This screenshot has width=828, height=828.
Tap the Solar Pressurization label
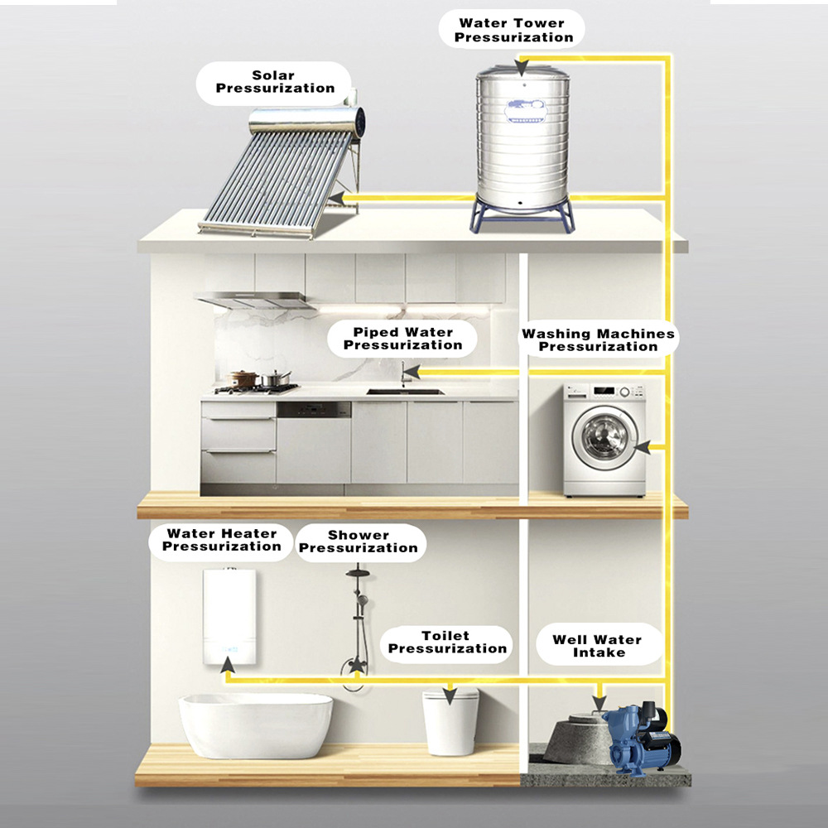[273, 82]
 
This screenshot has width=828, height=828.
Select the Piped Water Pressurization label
[402, 339]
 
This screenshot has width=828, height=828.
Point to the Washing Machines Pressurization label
[598, 339]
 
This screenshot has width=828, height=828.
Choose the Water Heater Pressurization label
[221, 540]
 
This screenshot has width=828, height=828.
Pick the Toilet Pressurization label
[446, 643]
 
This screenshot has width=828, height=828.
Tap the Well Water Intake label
[597, 646]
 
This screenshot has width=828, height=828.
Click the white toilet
[450, 723]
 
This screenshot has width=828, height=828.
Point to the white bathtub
[256, 724]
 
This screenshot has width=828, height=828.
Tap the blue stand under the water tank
[523, 217]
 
